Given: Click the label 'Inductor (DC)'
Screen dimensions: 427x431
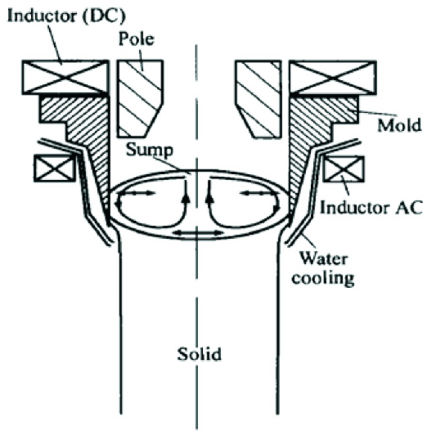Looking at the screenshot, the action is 66,16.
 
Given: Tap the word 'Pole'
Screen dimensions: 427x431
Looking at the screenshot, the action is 136,38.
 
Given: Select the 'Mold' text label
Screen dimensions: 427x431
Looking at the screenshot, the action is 399,125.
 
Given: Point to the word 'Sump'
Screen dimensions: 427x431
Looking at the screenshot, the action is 150,150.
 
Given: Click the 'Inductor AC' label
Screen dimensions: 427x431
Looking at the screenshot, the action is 371,207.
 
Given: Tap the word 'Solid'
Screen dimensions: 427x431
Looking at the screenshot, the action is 199,354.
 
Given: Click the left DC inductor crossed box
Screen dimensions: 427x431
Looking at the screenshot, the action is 65,77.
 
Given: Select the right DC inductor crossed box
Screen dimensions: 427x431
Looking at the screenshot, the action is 333,78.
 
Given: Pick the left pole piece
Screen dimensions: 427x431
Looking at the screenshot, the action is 139,98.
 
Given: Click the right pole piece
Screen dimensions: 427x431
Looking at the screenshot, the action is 258,98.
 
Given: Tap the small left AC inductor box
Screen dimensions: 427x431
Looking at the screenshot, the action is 55,168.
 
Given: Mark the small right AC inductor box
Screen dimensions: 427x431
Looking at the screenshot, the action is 344,168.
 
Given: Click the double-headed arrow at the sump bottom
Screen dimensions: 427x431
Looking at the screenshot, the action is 199,233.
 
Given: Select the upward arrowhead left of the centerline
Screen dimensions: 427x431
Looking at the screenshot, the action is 187,198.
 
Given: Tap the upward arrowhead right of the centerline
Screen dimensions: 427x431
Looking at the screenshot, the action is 209,198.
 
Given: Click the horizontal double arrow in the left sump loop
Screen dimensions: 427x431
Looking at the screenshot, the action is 137,194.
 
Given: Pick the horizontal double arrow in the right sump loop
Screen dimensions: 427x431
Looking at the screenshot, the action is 258,194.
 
